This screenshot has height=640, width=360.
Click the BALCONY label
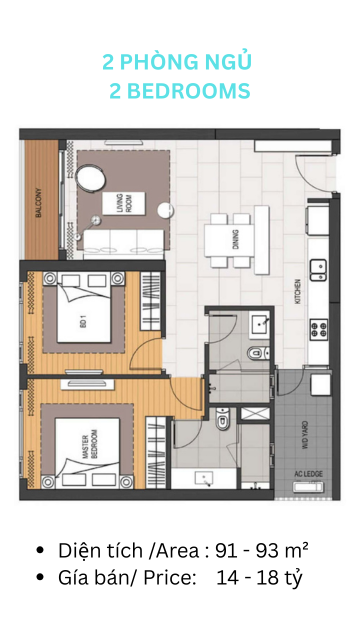coord(39,202)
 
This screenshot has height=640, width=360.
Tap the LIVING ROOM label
coord(123,203)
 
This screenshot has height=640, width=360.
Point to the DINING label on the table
coord(235,240)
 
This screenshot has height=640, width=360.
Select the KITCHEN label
coord(298,291)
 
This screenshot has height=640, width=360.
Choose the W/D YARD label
coord(305,436)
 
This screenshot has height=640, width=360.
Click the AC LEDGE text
coord(308,474)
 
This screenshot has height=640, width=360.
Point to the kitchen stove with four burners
coord(319,329)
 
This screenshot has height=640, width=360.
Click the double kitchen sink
coord(318,269)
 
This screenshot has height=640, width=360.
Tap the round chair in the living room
coord(91,178)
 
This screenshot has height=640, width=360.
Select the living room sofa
coord(124,244)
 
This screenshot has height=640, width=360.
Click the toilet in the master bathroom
coord(223,419)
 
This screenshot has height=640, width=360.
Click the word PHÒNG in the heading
coord(155,62)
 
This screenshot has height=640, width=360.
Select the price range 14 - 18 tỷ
coord(260,578)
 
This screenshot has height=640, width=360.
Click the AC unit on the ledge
coord(309,487)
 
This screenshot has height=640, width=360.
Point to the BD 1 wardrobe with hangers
coord(151,301)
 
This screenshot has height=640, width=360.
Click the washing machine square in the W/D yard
coord(320,385)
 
